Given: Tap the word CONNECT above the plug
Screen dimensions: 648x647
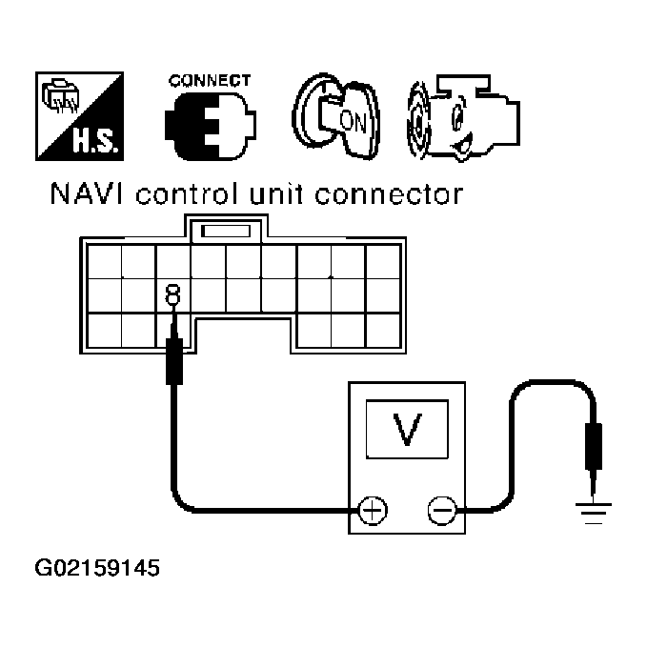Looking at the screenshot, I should coord(210,81).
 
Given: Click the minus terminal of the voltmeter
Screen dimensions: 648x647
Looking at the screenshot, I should coord(440,512).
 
